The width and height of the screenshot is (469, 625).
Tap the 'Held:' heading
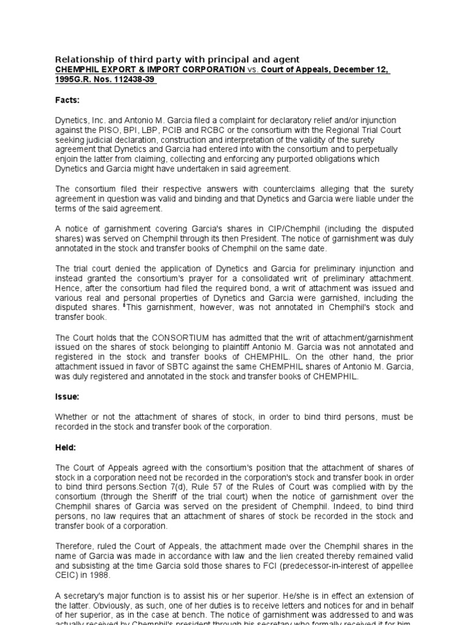[x=66, y=447]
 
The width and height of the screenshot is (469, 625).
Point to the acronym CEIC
[x=67, y=575]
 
